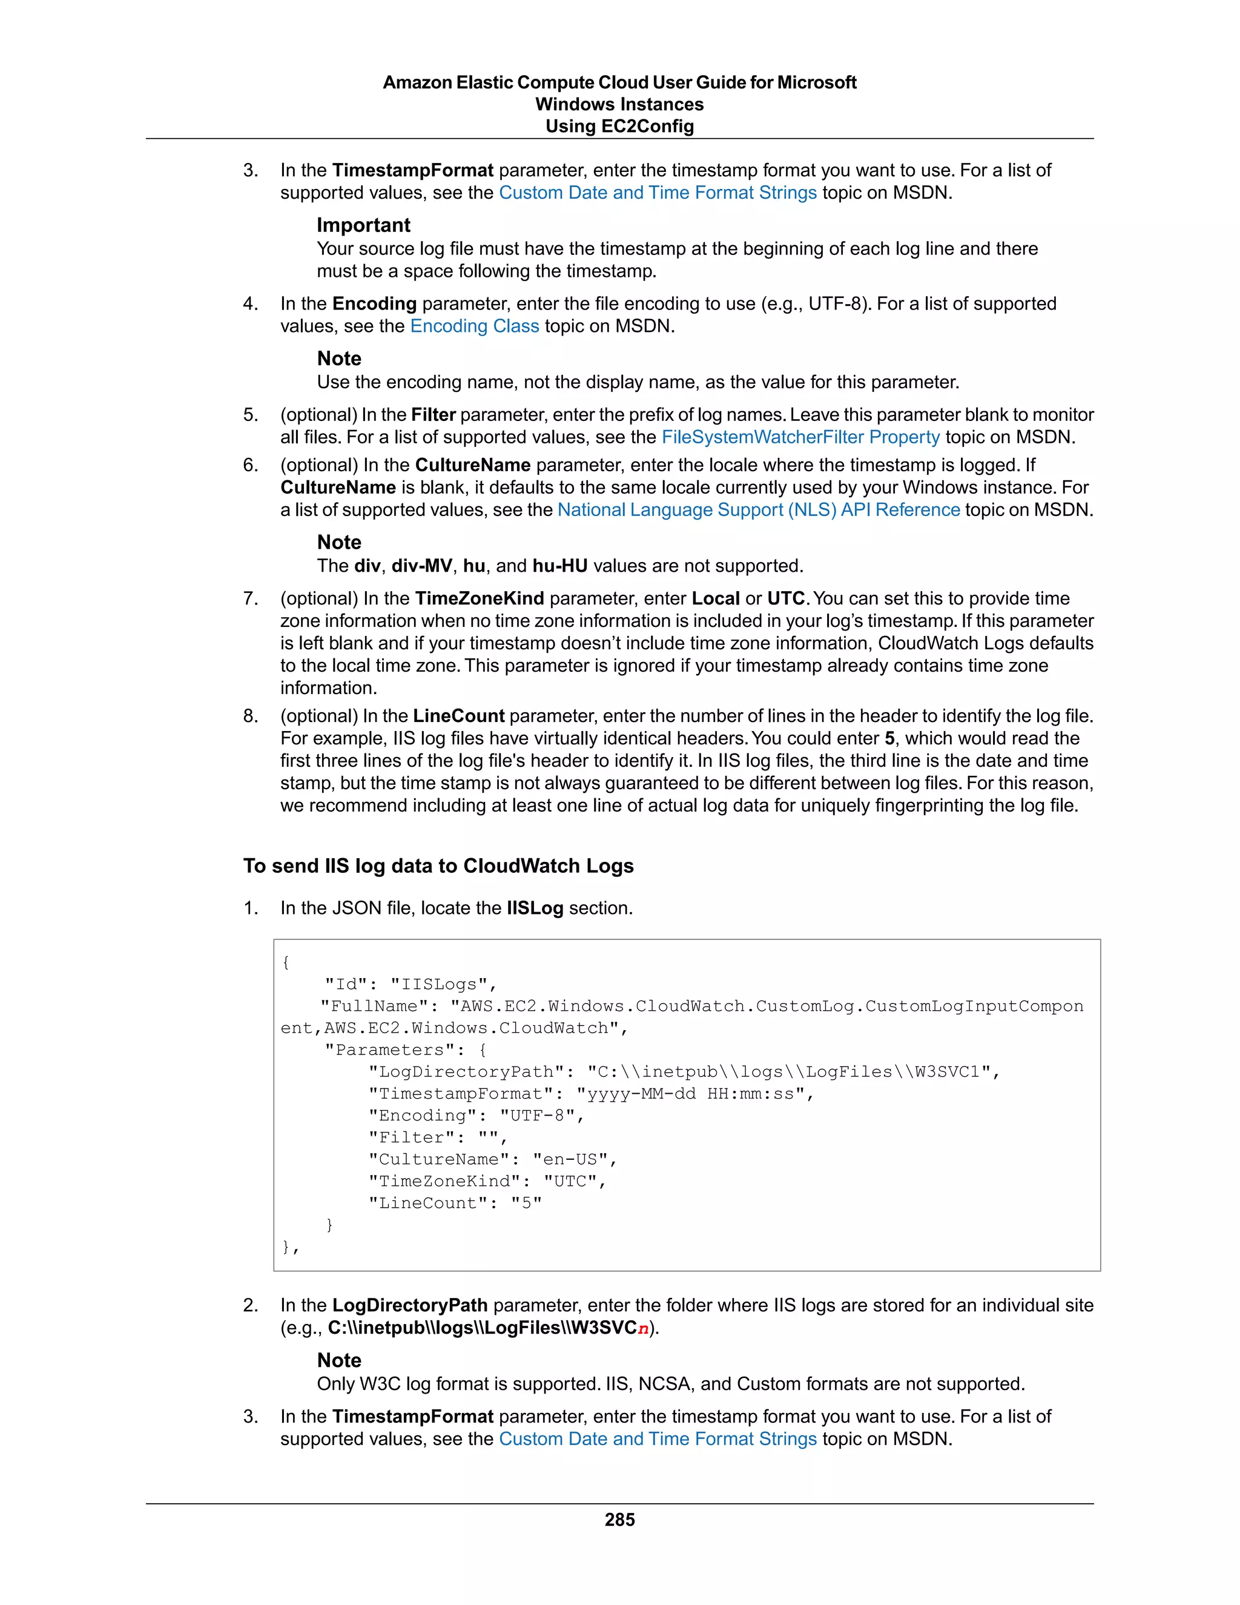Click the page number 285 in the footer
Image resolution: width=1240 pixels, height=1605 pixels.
(x=619, y=1519)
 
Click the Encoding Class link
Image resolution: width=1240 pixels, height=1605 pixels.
(x=474, y=326)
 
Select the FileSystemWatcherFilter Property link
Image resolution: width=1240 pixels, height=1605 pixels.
(x=800, y=437)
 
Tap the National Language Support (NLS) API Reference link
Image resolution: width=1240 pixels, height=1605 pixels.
(x=758, y=509)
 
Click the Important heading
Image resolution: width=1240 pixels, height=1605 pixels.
(x=363, y=225)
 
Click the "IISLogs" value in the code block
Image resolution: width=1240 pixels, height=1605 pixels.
(x=438, y=984)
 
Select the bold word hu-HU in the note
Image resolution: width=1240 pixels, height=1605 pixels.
(x=560, y=566)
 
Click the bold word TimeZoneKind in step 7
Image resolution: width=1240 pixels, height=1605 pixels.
(x=479, y=598)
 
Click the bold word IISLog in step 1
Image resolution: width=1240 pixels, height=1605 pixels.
(x=534, y=908)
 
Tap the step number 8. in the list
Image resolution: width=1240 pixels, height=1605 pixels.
(x=251, y=716)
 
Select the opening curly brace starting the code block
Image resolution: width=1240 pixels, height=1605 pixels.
(x=286, y=962)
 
